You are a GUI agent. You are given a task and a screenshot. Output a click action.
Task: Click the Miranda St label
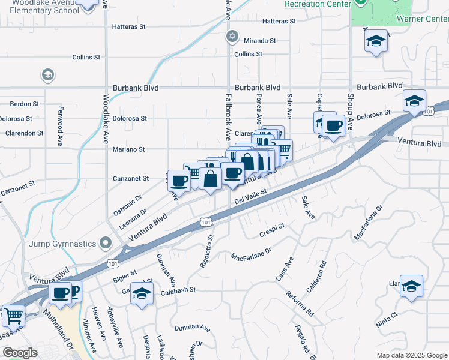point(259,41)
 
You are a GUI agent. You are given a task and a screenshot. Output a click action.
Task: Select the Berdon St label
point(25,103)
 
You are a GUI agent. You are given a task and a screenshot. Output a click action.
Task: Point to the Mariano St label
point(130,149)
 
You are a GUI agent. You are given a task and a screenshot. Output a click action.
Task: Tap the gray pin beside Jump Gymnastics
point(106,243)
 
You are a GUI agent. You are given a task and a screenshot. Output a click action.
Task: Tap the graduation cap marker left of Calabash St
point(142,293)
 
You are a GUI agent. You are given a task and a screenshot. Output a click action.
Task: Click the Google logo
point(20,353)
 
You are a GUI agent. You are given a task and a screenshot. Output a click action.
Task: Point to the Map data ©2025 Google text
point(411,355)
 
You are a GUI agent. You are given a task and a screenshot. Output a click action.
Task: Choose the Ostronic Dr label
point(127,205)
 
